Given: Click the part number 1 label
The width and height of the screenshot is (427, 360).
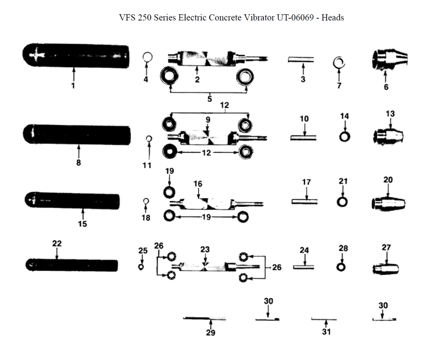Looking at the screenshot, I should click(x=73, y=86).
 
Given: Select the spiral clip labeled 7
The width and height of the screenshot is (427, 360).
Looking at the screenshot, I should click(x=340, y=63).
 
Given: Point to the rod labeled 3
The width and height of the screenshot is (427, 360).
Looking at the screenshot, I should click(x=301, y=60).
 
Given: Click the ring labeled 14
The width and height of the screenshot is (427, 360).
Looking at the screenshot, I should click(x=345, y=136).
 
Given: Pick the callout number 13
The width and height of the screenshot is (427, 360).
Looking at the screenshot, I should click(x=390, y=113).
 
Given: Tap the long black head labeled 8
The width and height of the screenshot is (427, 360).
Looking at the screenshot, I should click(x=77, y=135).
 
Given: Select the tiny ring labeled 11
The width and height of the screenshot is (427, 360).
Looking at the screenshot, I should click(x=149, y=138).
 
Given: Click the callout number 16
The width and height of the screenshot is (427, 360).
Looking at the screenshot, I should click(x=198, y=184).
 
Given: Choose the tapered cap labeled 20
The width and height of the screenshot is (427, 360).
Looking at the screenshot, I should click(x=389, y=203).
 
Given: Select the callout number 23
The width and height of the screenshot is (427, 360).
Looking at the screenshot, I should click(x=205, y=249).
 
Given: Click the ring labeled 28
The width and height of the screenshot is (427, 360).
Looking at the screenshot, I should click(x=341, y=267).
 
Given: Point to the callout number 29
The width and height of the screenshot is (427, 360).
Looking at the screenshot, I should click(x=211, y=333).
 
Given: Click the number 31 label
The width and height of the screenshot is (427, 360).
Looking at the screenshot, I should click(x=326, y=331).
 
